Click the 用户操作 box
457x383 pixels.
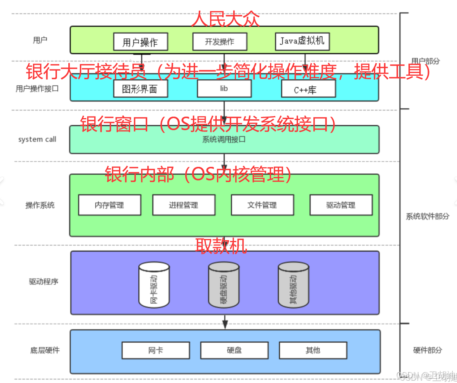click(x=140, y=42)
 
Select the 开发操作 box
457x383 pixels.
click(x=219, y=42)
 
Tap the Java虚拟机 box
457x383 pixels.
click(x=302, y=41)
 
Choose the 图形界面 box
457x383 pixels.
click(x=140, y=89)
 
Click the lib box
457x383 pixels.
click(x=224, y=89)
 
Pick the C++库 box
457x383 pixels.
click(x=308, y=89)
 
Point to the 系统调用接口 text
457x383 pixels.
click(x=224, y=139)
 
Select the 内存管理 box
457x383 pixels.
click(x=110, y=205)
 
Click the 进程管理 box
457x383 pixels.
click(x=183, y=205)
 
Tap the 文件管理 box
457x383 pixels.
click(x=262, y=205)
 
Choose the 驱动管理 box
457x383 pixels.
click(x=341, y=205)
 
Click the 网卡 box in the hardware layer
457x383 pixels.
click(x=155, y=350)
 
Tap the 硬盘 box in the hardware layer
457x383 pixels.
click(x=234, y=350)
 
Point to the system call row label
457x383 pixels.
click(x=37, y=139)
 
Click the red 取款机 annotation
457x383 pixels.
click(x=221, y=246)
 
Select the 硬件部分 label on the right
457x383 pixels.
click(x=427, y=350)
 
